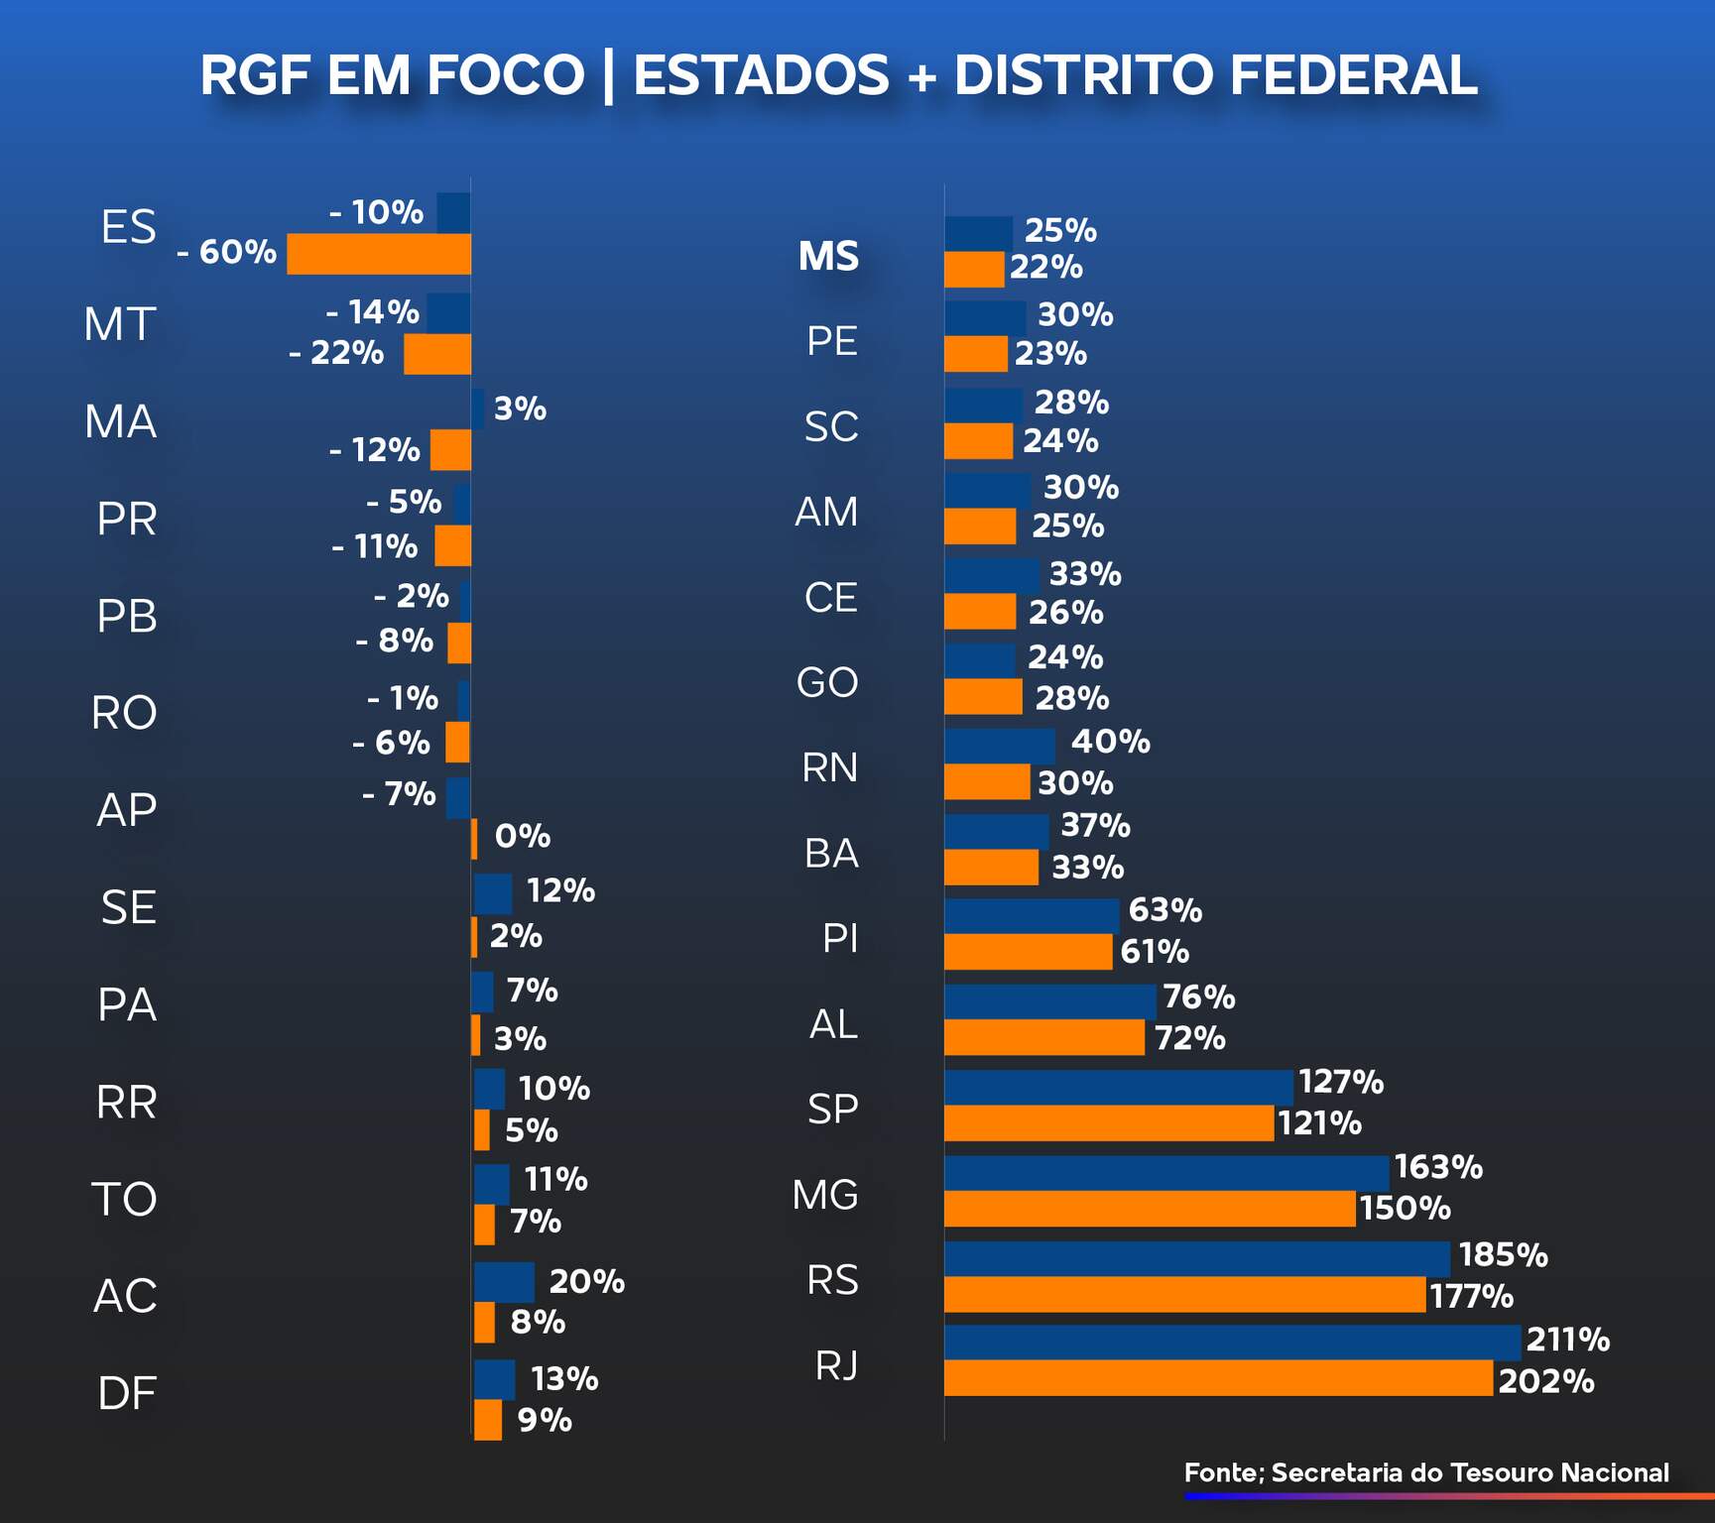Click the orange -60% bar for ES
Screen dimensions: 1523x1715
point(379,254)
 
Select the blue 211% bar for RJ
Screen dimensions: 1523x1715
point(1232,1342)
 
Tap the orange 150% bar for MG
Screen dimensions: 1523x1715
point(1150,1209)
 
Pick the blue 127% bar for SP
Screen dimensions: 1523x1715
point(1119,1087)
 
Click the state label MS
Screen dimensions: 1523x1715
point(828,256)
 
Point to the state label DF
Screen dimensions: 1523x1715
point(127,1393)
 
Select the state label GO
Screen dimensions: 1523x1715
point(827,682)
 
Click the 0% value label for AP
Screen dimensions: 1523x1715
point(522,836)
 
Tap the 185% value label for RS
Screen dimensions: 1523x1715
point(1503,1255)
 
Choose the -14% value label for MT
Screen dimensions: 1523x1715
point(373,312)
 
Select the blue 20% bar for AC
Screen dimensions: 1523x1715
point(504,1282)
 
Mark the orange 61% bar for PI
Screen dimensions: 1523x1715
point(1028,952)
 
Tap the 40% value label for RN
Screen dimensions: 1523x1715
point(1110,742)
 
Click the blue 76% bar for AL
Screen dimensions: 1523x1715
point(1049,1001)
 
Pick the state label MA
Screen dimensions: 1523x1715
point(121,421)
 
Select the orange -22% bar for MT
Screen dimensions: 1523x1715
point(437,354)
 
